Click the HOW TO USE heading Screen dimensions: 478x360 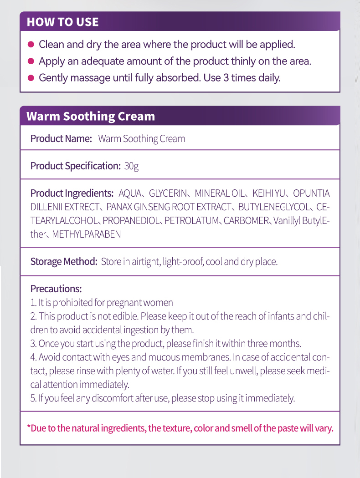[x=62, y=22]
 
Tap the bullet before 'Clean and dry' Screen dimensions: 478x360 [x=31, y=45]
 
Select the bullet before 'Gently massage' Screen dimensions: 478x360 [x=31, y=78]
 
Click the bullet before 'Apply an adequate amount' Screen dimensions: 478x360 [x=31, y=61]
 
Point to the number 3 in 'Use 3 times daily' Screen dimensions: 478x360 [x=226, y=78]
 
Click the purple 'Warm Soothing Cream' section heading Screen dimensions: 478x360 [x=91, y=116]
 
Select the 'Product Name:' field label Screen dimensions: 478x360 [x=61, y=138]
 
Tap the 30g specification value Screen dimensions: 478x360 [x=131, y=166]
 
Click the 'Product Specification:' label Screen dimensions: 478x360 [x=75, y=166]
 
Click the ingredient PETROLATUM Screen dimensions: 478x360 [x=191, y=221]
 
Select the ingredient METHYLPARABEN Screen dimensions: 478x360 [x=87, y=234]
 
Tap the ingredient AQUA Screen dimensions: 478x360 [x=130, y=193]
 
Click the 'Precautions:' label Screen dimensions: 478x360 [x=56, y=289]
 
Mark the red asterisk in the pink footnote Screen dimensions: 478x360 [x=29, y=427]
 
